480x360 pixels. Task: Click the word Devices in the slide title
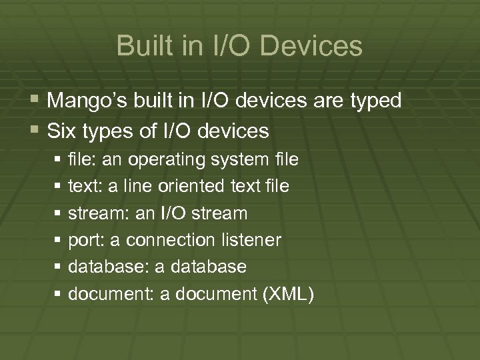tap(313, 46)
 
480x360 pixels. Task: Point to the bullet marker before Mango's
tap(34, 101)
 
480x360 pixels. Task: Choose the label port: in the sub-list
tap(83, 240)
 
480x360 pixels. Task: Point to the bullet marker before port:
tap(59, 240)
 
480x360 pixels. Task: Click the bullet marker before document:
tap(59, 294)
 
